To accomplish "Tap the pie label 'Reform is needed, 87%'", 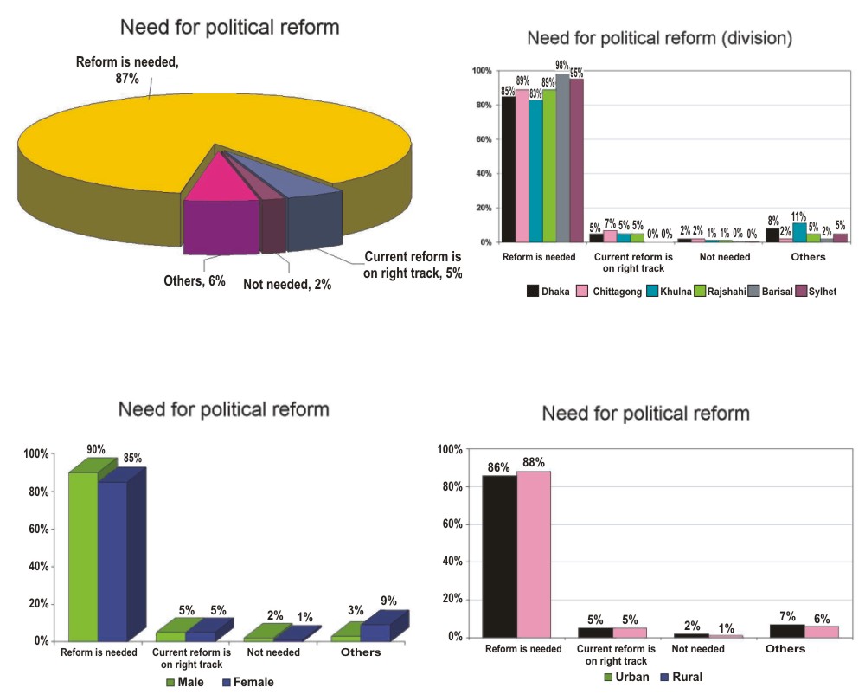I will click(127, 70).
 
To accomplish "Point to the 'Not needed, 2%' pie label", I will click(287, 284).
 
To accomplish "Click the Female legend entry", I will click(247, 682).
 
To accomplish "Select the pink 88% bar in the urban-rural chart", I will click(533, 554).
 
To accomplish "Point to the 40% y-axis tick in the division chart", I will click(483, 173).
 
